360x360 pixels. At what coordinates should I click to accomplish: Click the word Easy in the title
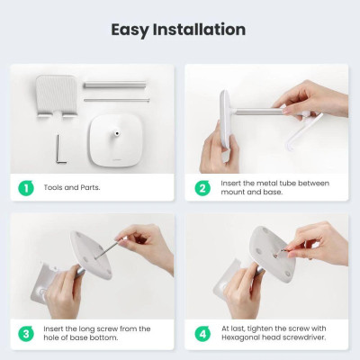point(133,29)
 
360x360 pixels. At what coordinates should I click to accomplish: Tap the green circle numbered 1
point(26,189)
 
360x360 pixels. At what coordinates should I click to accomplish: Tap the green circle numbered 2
point(202,189)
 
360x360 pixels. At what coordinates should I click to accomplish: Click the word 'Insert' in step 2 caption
point(229,184)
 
